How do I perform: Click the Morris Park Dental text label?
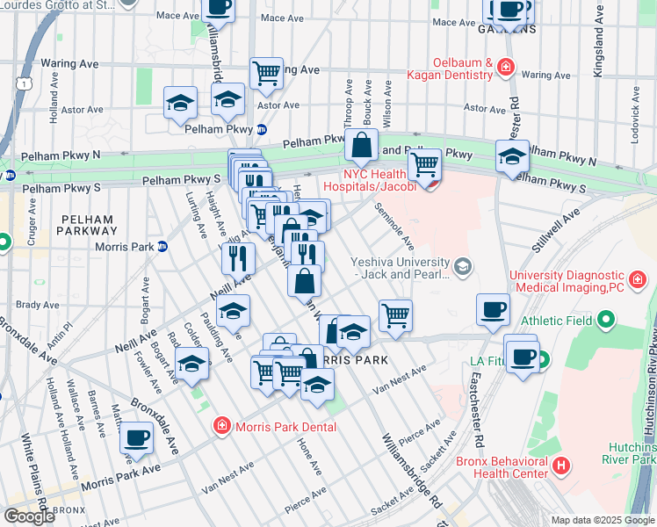285,427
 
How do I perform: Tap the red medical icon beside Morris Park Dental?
223,427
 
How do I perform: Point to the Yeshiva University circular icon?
463,264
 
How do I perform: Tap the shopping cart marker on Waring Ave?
265,73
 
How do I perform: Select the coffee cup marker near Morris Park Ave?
135,437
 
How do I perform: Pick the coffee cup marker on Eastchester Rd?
493,309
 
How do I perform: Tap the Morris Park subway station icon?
162,246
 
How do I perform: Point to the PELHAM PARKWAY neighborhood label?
88,225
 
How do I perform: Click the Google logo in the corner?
29,516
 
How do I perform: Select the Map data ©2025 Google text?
603,520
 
